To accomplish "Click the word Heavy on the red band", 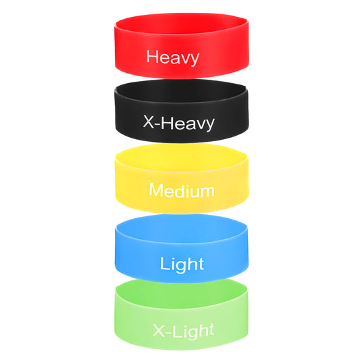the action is [173, 57].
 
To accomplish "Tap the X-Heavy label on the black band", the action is [178, 123].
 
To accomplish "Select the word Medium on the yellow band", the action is [182, 190].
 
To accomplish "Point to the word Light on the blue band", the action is [182, 265].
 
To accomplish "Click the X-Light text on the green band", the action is [184, 331].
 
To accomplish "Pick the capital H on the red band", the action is [153, 56].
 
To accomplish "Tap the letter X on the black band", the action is [149, 122].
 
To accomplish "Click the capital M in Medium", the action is [156, 189].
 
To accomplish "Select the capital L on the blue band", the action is [164, 263].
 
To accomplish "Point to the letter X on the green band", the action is [159, 330].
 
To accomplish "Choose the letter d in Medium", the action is [180, 190].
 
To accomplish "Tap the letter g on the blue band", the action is [182, 267].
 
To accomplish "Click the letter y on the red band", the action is [195, 59].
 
